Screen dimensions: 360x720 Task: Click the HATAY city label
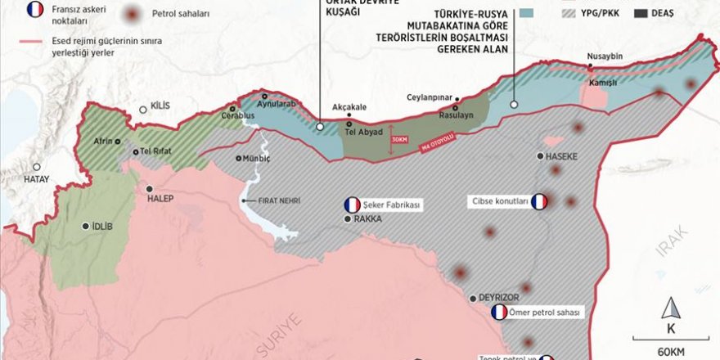click(36, 179)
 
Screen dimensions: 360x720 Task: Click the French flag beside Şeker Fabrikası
click(352, 205)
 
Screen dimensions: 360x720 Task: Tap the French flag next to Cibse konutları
click(539, 201)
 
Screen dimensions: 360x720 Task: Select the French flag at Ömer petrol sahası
click(499, 313)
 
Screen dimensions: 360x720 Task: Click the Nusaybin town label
click(605, 57)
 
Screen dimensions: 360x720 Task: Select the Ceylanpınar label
click(430, 97)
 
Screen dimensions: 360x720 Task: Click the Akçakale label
click(349, 106)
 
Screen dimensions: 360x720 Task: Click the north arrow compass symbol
click(670, 310)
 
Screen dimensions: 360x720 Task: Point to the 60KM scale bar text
click(670, 351)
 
